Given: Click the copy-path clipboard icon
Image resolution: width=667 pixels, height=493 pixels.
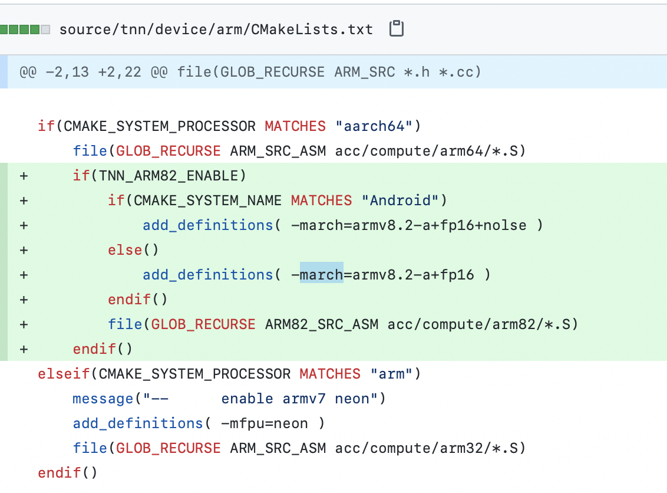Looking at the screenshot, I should tap(397, 29).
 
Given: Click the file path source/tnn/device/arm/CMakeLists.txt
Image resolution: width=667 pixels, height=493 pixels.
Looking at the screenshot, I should tap(216, 29).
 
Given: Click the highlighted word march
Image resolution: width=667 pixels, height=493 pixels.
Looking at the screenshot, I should tap(321, 274).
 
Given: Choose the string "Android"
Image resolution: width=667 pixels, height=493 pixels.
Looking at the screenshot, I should tap(399, 200).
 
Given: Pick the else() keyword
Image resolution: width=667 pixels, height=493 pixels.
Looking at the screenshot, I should tap(133, 249).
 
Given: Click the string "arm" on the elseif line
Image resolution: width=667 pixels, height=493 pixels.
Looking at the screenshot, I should tap(391, 373).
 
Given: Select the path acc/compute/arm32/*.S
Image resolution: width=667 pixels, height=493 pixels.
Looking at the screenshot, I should tap(430, 448).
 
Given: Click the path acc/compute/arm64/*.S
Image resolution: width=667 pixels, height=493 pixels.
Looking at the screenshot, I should tap(430, 150).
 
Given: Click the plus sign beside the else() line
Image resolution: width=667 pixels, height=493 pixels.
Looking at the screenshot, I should tap(24, 249).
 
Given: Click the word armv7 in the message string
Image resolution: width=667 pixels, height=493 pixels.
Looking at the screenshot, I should tap(303, 398).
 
